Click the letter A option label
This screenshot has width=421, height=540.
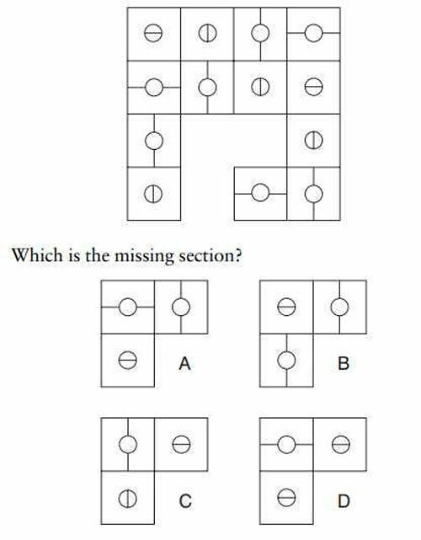click(x=184, y=363)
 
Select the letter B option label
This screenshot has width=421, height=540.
click(x=344, y=363)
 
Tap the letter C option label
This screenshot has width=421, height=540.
click(x=185, y=500)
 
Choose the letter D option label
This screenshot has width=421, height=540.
click(x=344, y=500)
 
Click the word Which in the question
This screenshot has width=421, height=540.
click(x=37, y=255)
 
